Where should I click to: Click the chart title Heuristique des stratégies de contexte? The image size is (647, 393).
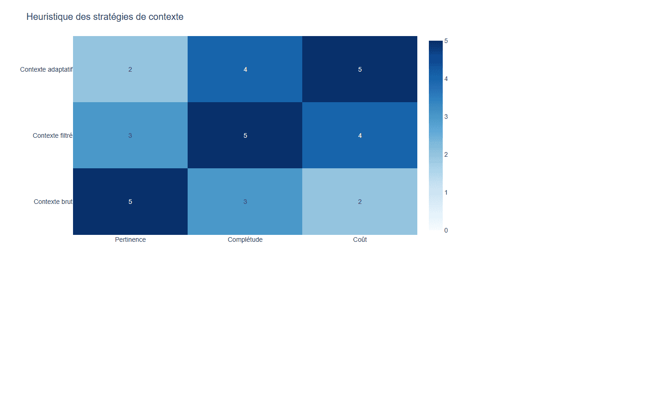pyautogui.click(x=105, y=17)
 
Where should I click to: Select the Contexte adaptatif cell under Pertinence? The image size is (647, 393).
pyautogui.click(x=130, y=69)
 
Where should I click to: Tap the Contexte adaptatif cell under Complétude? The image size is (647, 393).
pyautogui.click(x=245, y=69)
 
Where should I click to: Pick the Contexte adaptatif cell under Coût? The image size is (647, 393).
pyautogui.click(x=360, y=69)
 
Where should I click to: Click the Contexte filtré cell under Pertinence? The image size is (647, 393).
pyautogui.click(x=130, y=135)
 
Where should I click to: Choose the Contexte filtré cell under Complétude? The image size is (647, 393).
pyautogui.click(x=245, y=135)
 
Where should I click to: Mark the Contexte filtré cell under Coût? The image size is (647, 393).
pyautogui.click(x=360, y=135)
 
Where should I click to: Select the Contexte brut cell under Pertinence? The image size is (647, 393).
pyautogui.click(x=130, y=202)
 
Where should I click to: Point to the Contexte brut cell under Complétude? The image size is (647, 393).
pyautogui.click(x=245, y=202)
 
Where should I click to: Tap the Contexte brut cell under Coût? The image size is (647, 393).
pyautogui.click(x=360, y=202)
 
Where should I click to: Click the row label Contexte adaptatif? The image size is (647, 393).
pyautogui.click(x=46, y=69)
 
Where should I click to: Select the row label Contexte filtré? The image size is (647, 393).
pyautogui.click(x=53, y=135)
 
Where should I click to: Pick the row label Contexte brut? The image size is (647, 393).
pyautogui.click(x=53, y=202)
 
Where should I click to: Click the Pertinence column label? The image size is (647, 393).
pyautogui.click(x=130, y=239)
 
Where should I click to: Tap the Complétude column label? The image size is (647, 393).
pyautogui.click(x=245, y=239)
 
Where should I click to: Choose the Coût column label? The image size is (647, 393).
pyautogui.click(x=360, y=239)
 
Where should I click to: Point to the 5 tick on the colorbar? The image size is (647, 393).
pyautogui.click(x=446, y=41)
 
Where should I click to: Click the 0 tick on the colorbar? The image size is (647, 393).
pyautogui.click(x=446, y=230)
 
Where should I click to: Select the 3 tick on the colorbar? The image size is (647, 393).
pyautogui.click(x=446, y=117)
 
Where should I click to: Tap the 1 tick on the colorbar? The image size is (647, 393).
pyautogui.click(x=446, y=192)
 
